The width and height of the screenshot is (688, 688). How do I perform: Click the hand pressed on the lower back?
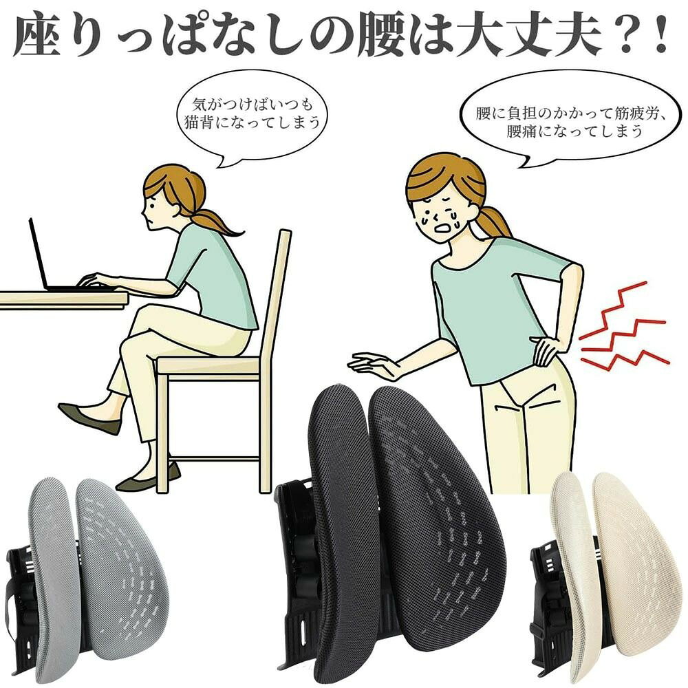(544, 349)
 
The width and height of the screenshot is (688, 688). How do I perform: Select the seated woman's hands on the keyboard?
(98, 281)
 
